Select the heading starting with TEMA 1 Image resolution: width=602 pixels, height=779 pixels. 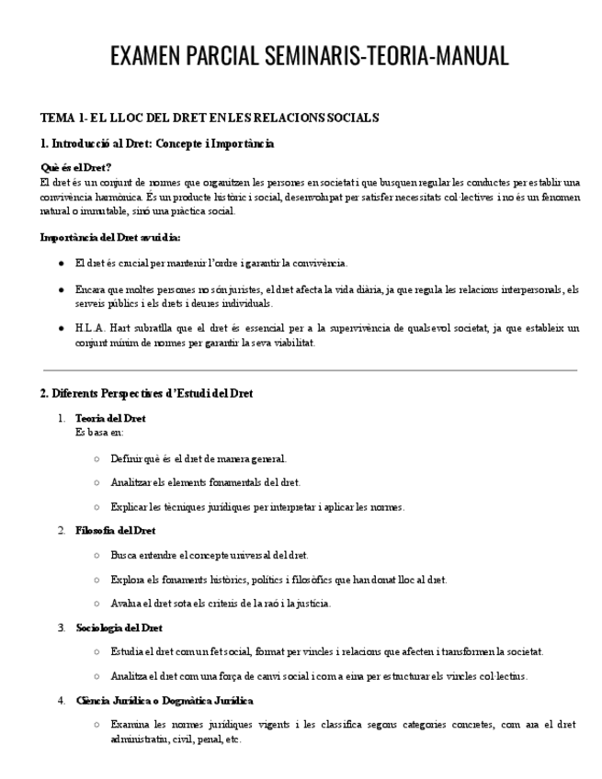pyautogui.click(x=210, y=118)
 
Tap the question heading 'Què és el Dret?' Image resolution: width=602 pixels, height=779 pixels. pyautogui.click(x=76, y=167)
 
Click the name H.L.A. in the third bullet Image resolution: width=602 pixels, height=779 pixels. pyautogui.click(x=91, y=328)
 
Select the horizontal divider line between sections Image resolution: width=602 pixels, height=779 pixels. pyautogui.click(x=310, y=370)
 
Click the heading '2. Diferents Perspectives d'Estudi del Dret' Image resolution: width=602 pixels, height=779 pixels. pyautogui.click(x=146, y=393)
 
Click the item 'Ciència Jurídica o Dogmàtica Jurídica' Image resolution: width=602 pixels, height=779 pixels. pyautogui.click(x=164, y=701)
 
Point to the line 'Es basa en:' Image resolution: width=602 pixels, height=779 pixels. pyautogui.click(x=99, y=431)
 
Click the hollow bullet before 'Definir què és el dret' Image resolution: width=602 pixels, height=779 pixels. pyautogui.click(x=97, y=457)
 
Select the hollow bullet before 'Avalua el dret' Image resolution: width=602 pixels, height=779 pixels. pyautogui.click(x=97, y=604)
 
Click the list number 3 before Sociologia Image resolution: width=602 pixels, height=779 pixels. pyautogui.click(x=61, y=627)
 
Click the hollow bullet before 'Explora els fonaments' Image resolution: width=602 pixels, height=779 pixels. pyautogui.click(x=97, y=580)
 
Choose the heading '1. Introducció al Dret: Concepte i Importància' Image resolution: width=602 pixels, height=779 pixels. pyautogui.click(x=157, y=143)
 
